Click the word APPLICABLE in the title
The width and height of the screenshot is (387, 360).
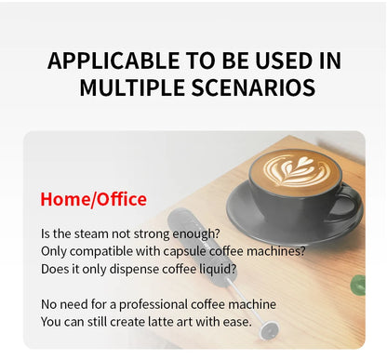pos(103,61)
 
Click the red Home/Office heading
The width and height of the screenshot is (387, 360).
pos(93,199)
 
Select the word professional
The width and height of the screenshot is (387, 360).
pos(148,304)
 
